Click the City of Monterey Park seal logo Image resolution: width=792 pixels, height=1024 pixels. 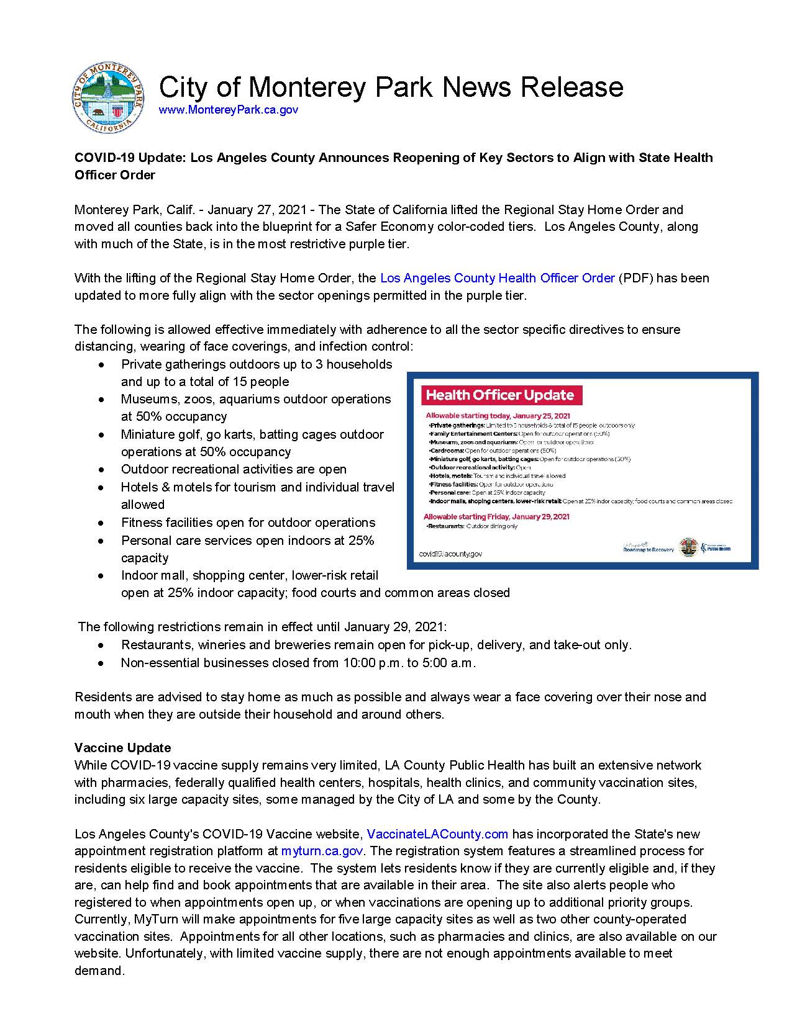[x=108, y=98]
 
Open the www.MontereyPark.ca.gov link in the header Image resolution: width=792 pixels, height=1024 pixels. [x=229, y=110]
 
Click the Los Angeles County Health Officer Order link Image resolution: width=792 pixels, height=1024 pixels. [x=497, y=278]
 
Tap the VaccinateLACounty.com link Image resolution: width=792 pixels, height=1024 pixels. [x=437, y=834]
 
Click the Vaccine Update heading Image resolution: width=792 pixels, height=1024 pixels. [x=122, y=748]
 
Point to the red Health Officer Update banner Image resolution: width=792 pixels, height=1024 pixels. [x=500, y=395]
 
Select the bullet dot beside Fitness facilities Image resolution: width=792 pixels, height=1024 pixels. [x=101, y=523]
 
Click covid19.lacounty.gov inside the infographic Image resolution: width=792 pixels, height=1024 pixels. [x=451, y=554]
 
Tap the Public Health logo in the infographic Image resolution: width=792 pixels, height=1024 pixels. [x=716, y=548]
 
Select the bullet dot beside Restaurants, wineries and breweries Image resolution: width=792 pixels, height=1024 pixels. [x=101, y=645]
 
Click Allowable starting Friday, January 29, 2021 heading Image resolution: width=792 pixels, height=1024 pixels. [x=496, y=516]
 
